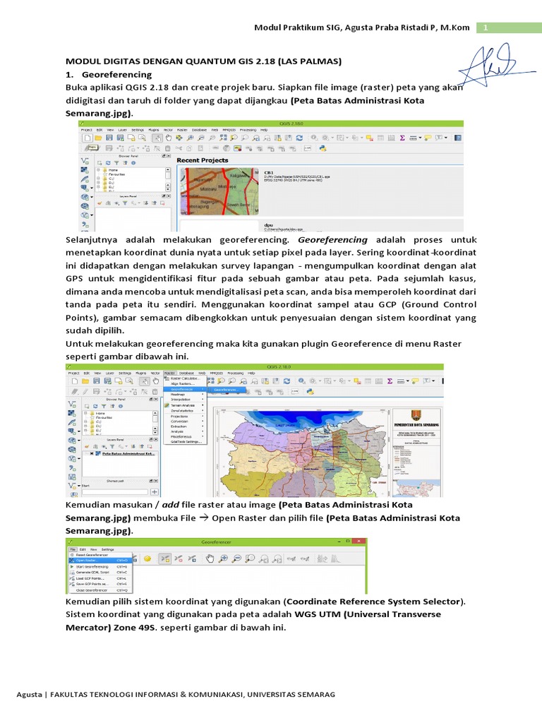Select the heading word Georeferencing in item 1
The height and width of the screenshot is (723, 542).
coord(116,74)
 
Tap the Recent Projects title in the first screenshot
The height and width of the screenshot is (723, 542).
coord(203,160)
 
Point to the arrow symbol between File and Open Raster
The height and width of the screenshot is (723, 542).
coord(202,518)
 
